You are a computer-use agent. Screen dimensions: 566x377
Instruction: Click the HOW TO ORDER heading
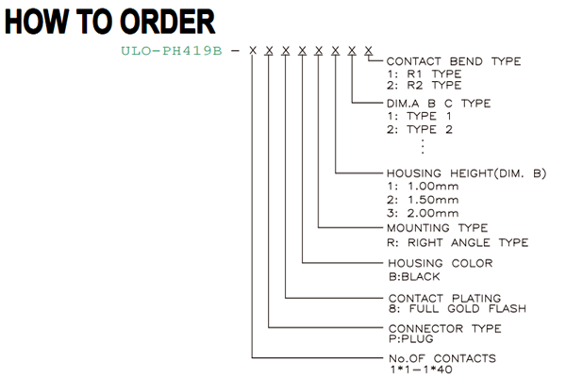coord(109,22)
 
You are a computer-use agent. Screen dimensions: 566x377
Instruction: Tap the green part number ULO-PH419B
coord(172,51)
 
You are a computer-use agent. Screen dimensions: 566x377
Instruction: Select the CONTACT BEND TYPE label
coord(454,61)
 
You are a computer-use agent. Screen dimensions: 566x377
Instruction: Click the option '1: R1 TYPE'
coord(424,74)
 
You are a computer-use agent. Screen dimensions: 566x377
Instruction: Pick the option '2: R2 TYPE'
coord(424,86)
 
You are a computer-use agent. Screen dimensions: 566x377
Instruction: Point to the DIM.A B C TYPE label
coord(439,104)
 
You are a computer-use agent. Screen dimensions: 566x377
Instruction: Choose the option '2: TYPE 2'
coord(420,129)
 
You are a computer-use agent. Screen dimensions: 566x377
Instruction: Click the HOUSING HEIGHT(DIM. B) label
coord(466,173)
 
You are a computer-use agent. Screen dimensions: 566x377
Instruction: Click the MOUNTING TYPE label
coord(437,228)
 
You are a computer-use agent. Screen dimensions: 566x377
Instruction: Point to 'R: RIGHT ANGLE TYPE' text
coord(458,242)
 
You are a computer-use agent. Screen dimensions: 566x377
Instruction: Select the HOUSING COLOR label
coord(441,263)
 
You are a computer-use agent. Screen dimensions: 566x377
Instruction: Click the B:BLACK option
coord(414,277)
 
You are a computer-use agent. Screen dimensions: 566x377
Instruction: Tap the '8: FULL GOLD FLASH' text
coord(458,309)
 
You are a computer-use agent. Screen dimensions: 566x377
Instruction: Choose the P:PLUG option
coord(410,338)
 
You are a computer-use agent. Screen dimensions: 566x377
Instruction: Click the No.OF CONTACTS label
coord(442,358)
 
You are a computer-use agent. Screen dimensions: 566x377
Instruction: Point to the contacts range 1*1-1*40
coord(421,369)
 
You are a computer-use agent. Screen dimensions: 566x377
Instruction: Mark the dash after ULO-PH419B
coord(235,51)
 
